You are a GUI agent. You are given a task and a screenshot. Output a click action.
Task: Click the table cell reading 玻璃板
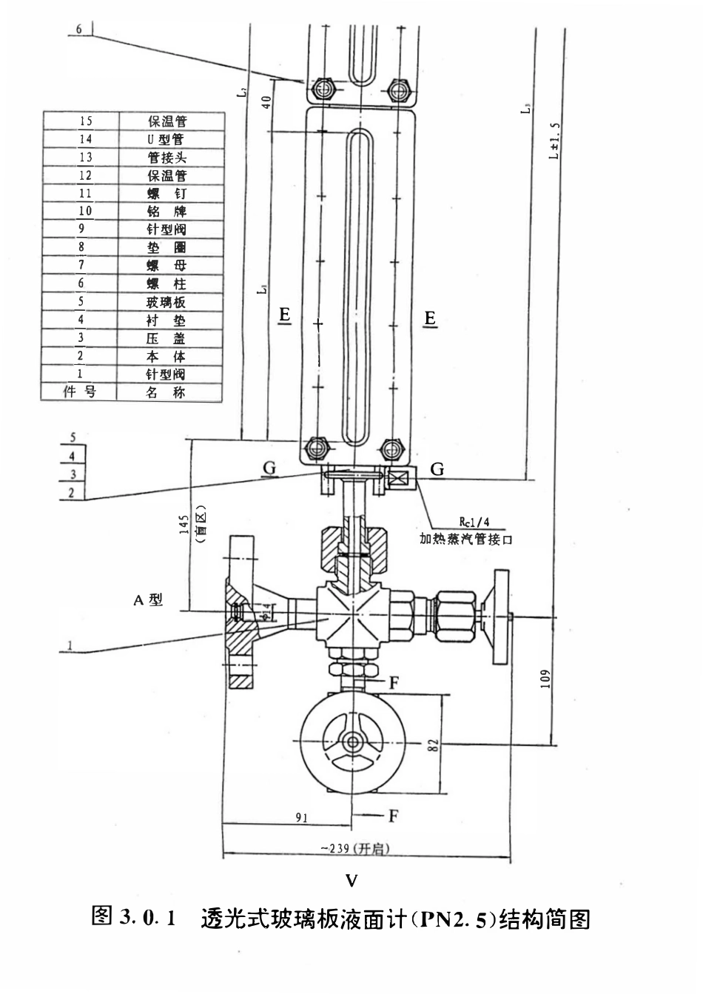pyautogui.click(x=166, y=302)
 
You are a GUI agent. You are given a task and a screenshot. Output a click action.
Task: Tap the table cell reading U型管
pyautogui.click(x=166, y=139)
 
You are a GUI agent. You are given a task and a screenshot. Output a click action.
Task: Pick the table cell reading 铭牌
pyautogui.click(x=166, y=212)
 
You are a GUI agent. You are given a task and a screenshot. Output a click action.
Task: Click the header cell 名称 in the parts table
pyautogui.click(x=166, y=392)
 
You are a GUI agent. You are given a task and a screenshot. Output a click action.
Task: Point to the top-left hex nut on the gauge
pyautogui.click(x=320, y=89)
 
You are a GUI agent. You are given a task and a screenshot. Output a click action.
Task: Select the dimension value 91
pyautogui.click(x=301, y=819)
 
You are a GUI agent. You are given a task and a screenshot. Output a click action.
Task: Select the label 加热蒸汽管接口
pyautogui.click(x=466, y=539)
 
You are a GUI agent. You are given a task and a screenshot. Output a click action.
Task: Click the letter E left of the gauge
pyautogui.click(x=284, y=317)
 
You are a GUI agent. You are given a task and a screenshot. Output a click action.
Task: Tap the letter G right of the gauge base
pyautogui.click(x=437, y=469)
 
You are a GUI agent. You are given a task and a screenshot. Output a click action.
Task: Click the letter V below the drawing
pyautogui.click(x=352, y=880)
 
